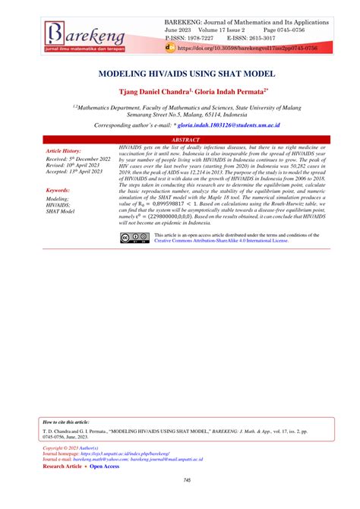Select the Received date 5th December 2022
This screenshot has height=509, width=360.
point(78,159)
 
